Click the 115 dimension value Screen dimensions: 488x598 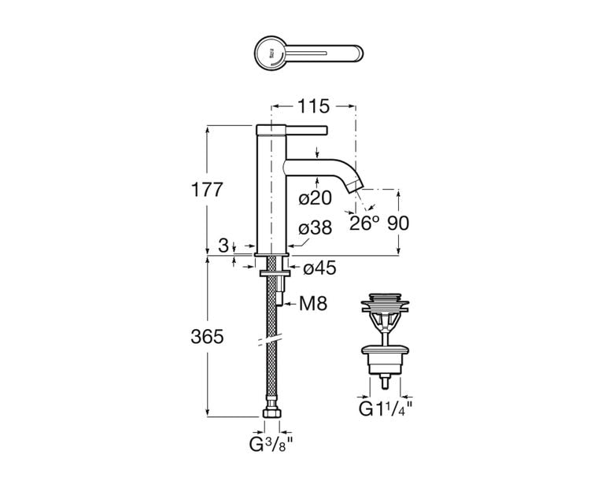313,105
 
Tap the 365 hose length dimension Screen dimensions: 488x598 208,336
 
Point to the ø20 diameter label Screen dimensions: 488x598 316,199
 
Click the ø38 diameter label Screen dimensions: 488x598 316,228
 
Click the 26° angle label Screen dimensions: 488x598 365,224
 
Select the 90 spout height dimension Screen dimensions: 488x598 399,224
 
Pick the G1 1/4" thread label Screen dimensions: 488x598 386,409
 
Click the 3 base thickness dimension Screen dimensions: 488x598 223,246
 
